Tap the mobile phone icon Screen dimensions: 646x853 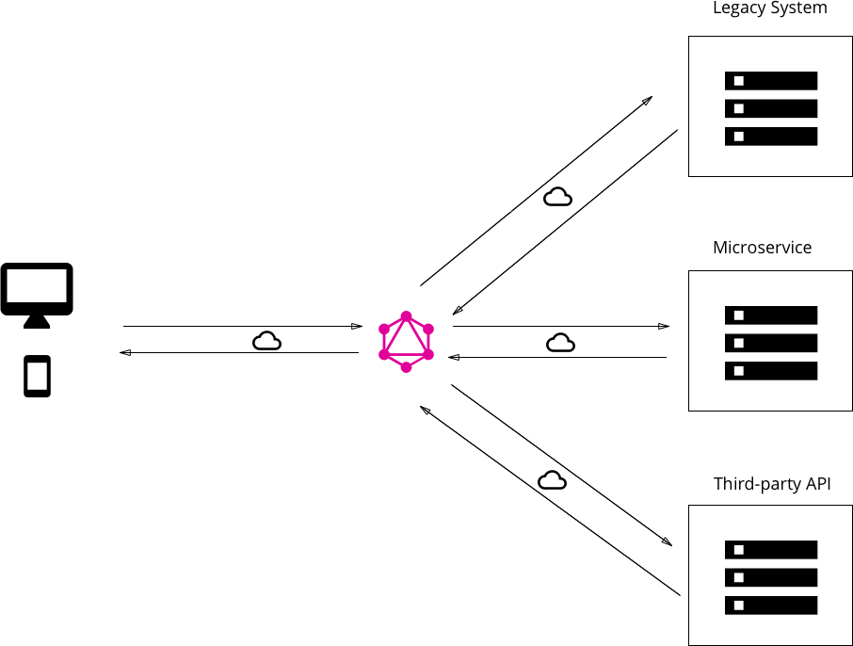37,377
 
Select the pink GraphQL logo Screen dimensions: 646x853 406,342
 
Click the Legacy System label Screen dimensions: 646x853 769,8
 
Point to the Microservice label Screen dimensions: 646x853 762,248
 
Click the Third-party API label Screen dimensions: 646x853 771,484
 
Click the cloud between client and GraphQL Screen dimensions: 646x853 266,341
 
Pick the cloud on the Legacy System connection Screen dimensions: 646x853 557,197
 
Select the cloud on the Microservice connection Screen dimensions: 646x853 560,343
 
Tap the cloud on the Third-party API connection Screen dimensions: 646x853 552,480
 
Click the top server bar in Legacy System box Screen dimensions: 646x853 770,81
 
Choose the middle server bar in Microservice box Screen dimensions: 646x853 770,343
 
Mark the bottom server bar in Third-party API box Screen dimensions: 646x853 770,605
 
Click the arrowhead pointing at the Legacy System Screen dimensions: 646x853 648,100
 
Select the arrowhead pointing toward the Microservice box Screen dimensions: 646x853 664,327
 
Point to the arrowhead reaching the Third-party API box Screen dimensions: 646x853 667,541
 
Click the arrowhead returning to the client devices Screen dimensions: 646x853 125,353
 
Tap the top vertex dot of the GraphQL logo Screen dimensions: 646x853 406,316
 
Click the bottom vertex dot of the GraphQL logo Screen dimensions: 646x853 406,367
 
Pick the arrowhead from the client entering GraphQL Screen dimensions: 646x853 357,327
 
